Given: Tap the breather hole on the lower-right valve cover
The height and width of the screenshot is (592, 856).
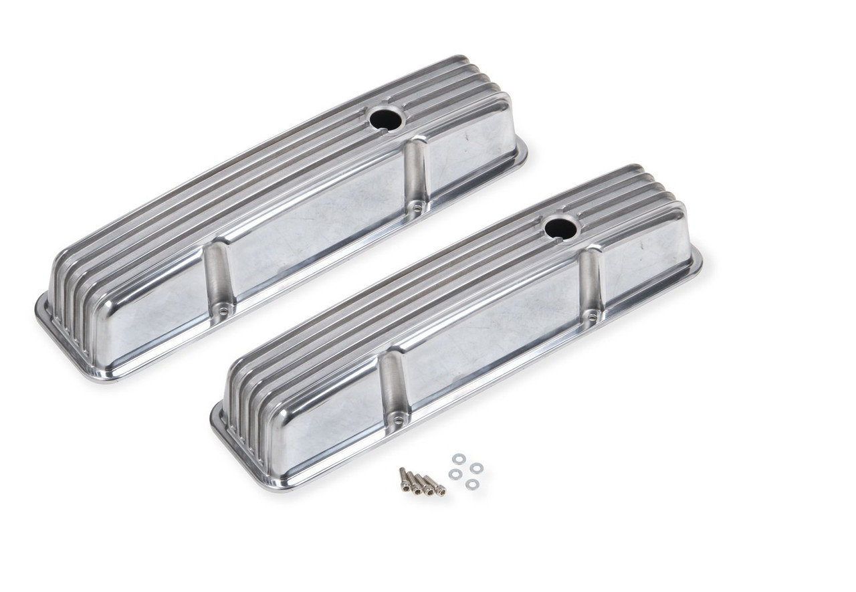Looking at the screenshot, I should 560,228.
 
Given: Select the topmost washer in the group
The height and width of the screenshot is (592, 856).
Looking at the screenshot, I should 459,459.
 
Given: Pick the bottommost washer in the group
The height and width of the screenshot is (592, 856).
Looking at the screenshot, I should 472,484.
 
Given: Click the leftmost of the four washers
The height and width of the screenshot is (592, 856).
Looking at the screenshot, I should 455,474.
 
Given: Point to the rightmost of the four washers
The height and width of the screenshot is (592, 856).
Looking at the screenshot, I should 476,468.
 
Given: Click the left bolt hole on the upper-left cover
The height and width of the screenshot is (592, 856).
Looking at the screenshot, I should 223,310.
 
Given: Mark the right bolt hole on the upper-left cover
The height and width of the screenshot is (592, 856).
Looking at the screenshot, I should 417,207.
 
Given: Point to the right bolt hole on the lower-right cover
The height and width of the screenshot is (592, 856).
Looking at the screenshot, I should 591,314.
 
